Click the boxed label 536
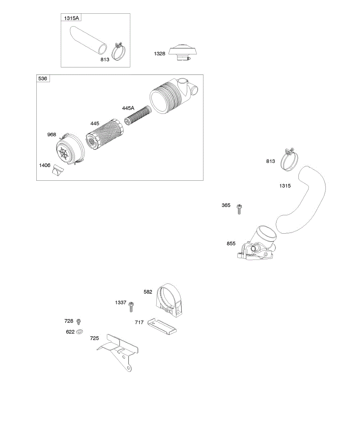(43, 78)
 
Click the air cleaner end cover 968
(70, 149)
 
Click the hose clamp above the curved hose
(289, 160)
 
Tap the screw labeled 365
(239, 209)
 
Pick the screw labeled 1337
(131, 307)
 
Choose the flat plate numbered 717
(162, 325)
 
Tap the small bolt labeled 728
(79, 321)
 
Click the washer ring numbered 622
(80, 332)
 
